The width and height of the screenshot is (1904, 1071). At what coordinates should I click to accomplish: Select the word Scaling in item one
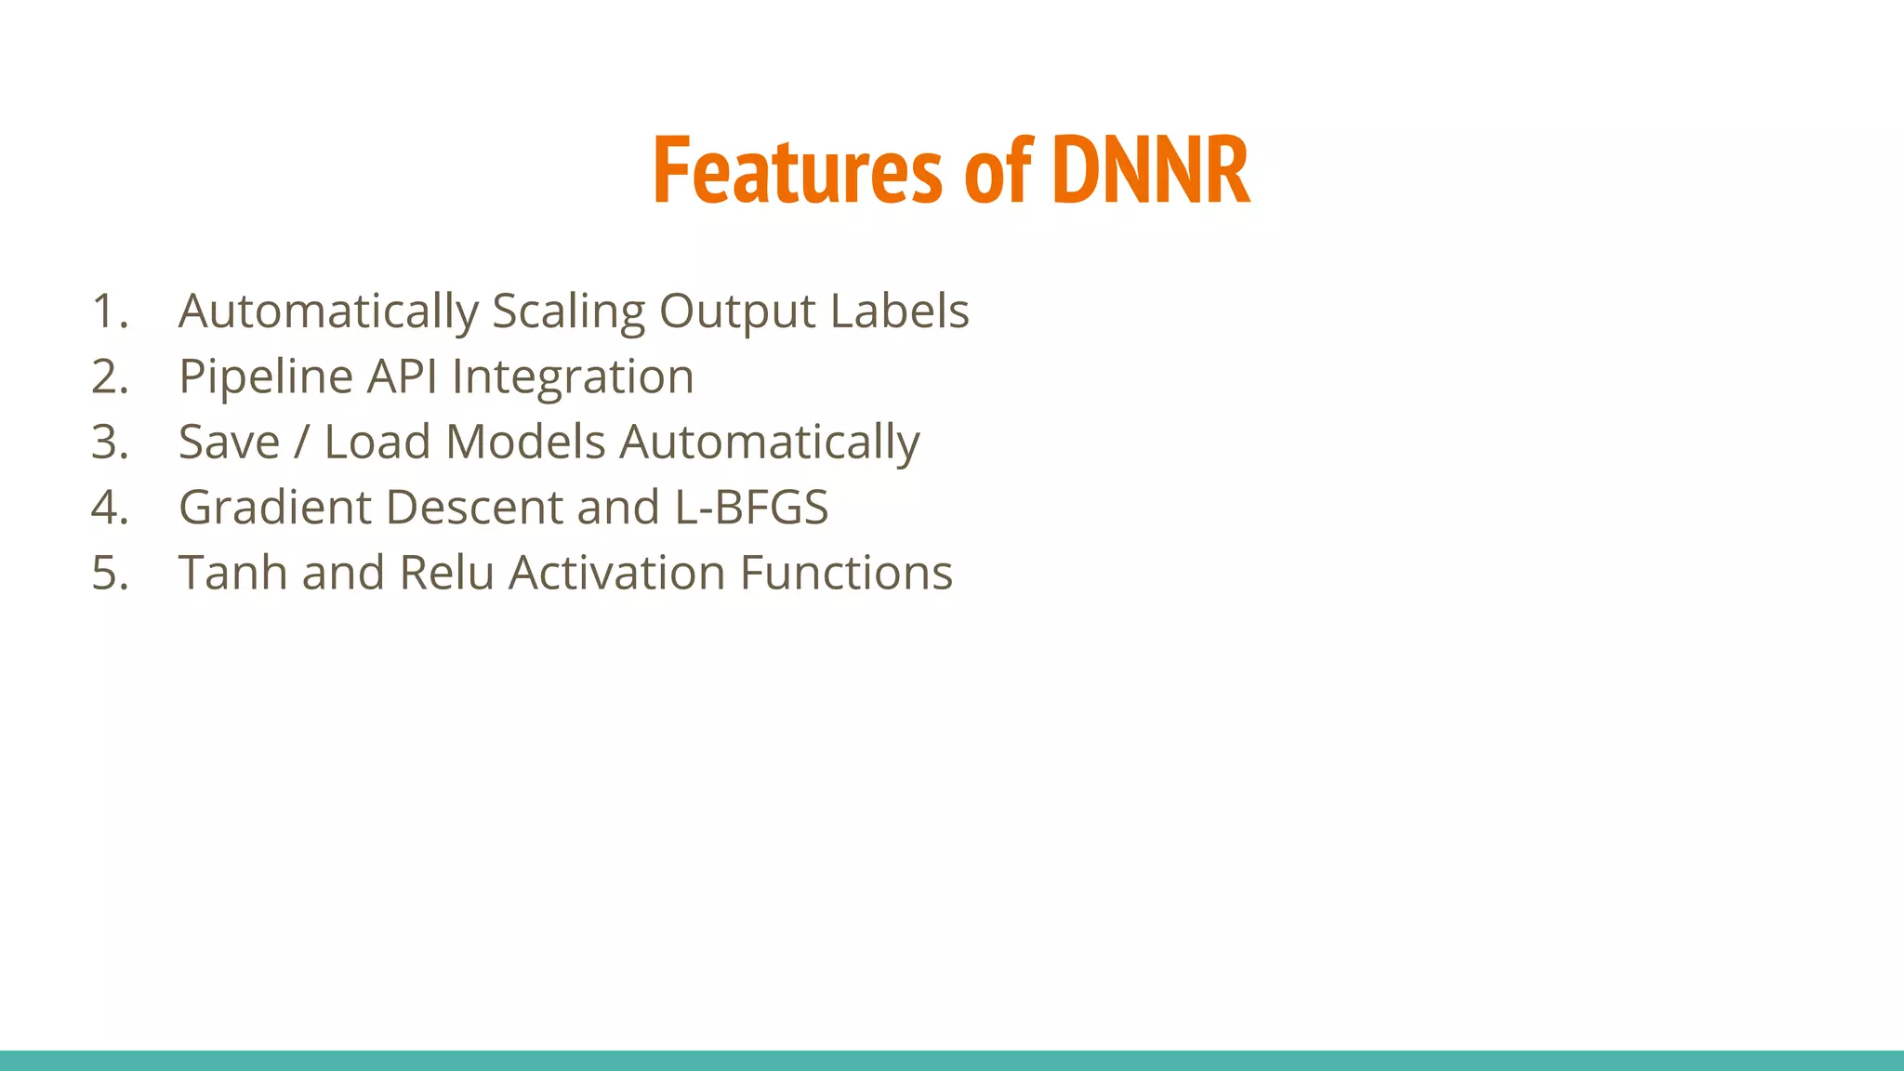tap(568, 312)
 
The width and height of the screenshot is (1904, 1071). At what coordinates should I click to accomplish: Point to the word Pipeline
tap(266, 377)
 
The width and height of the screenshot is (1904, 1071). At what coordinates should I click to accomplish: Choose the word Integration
tap(573, 377)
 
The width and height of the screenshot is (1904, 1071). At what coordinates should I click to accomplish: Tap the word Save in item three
tap(229, 442)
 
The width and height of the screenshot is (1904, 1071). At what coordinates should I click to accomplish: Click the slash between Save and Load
tap(301, 442)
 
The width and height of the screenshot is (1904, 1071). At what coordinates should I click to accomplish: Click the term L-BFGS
tap(751, 508)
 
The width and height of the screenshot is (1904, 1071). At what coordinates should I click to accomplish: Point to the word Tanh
tap(232, 573)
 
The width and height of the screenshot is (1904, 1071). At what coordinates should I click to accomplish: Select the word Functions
tap(846, 573)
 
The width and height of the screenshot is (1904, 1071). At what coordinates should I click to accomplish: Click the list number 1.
tap(109, 311)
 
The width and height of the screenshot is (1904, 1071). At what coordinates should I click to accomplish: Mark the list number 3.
tap(109, 443)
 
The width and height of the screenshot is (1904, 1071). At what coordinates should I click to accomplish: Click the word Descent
tap(473, 508)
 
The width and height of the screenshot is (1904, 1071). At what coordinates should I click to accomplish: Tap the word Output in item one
tap(736, 312)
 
